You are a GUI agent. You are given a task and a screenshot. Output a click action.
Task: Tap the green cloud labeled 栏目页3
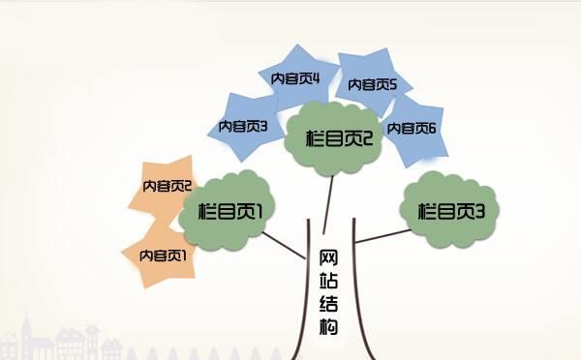[x=450, y=209]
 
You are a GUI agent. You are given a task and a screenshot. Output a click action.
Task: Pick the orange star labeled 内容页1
[x=161, y=255]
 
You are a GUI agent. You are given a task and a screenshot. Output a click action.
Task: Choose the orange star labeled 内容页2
[x=165, y=185]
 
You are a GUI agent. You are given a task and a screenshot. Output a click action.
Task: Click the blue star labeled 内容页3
[x=241, y=125]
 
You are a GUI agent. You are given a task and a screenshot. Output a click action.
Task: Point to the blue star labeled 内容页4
[x=300, y=76]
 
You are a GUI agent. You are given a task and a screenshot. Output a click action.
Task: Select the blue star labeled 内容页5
[x=373, y=84]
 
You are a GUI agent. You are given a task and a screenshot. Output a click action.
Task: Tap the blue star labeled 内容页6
[x=414, y=127]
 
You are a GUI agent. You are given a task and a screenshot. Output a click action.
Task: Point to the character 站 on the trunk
[x=328, y=281]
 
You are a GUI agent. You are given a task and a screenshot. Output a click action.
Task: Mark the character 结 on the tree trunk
[x=328, y=303]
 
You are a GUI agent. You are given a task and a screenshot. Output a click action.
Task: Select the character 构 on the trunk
[x=328, y=326]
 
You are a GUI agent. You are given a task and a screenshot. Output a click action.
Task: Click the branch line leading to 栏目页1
[x=286, y=246]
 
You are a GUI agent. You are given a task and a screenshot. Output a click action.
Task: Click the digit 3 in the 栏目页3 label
[x=478, y=210]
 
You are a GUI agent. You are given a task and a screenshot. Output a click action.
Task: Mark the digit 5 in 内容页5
[x=393, y=84]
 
